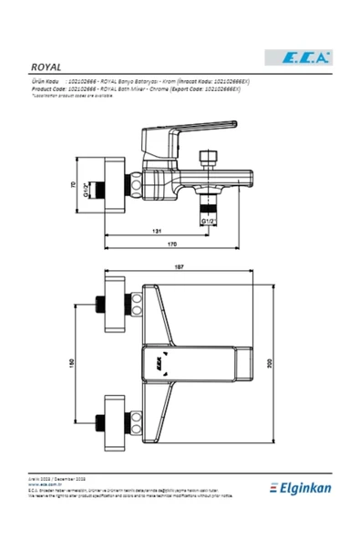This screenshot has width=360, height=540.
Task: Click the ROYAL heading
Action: (x=46, y=67)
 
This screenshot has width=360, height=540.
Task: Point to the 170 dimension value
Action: (x=172, y=244)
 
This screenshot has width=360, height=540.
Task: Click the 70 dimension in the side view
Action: (x=74, y=185)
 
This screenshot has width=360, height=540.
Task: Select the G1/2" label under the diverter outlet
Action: (x=206, y=221)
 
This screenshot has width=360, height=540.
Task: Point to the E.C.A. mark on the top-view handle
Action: (x=159, y=364)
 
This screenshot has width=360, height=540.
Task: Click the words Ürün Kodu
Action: (x=46, y=81)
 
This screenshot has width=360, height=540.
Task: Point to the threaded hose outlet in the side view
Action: (x=206, y=204)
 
